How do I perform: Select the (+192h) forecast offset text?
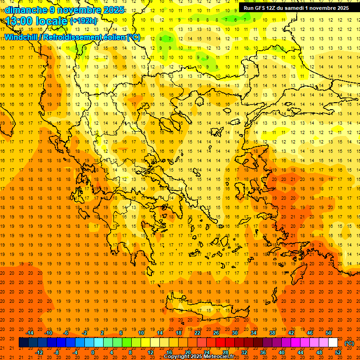[x=83, y=21]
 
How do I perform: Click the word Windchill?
[x=22, y=37]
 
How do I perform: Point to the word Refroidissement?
[x=72, y=37]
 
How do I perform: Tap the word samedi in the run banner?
[x=300, y=8]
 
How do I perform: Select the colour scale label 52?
[x=338, y=352]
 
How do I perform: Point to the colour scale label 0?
[x=93, y=352]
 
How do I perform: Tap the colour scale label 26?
[x=216, y=333]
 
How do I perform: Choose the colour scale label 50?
[x=329, y=333]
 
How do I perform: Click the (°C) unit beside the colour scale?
[x=349, y=343]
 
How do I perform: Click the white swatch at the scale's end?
[x=333, y=343]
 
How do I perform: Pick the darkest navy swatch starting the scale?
[x=23, y=343]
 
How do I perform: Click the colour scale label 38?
[x=272, y=333]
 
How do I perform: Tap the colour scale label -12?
[x=39, y=352]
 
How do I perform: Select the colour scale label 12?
[x=150, y=352]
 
